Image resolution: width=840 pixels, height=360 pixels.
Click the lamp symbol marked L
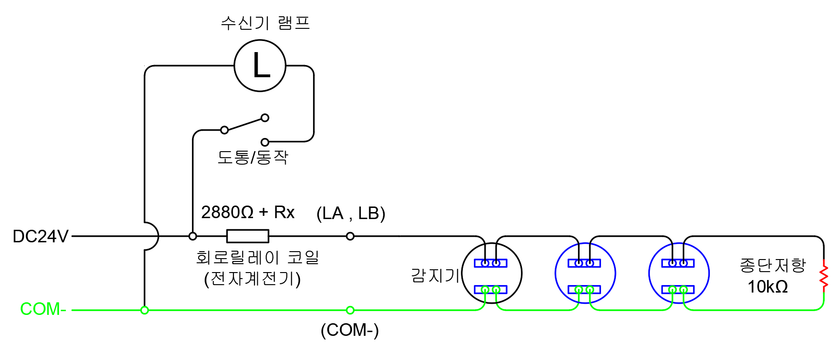[260, 66]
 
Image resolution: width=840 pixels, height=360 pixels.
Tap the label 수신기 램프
[265, 23]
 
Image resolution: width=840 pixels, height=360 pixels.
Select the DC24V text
[40, 236]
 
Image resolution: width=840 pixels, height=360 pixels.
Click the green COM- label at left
[43, 309]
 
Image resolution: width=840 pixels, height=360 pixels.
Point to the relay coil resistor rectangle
[247, 236]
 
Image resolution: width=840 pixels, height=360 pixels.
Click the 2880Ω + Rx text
[247, 213]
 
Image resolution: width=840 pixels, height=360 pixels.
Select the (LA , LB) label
[351, 213]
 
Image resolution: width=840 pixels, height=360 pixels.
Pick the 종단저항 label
[773, 265]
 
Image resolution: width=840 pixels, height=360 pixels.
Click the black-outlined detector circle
[492, 273]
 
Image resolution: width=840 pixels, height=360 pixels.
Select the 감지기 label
[435, 275]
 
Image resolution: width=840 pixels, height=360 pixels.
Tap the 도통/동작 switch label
[253, 157]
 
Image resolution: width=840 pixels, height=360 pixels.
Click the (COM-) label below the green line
[350, 330]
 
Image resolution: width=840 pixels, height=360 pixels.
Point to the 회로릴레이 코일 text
[257, 257]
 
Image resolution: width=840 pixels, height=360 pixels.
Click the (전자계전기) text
[253, 279]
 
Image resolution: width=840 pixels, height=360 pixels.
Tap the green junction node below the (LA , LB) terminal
[350, 310]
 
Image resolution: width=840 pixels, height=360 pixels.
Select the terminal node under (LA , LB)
[350, 236]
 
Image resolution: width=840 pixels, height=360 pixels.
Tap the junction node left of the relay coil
[193, 236]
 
